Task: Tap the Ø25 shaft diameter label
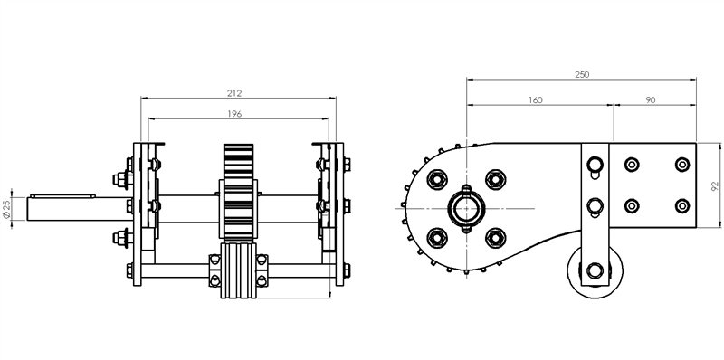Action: coord(8,209)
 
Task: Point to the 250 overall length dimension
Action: coord(580,75)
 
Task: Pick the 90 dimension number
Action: coord(652,100)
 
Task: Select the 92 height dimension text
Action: coord(714,185)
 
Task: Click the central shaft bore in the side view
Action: coord(466,207)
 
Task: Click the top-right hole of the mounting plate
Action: coord(681,165)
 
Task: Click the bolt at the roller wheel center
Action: coord(593,270)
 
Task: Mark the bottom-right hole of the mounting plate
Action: coord(681,206)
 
